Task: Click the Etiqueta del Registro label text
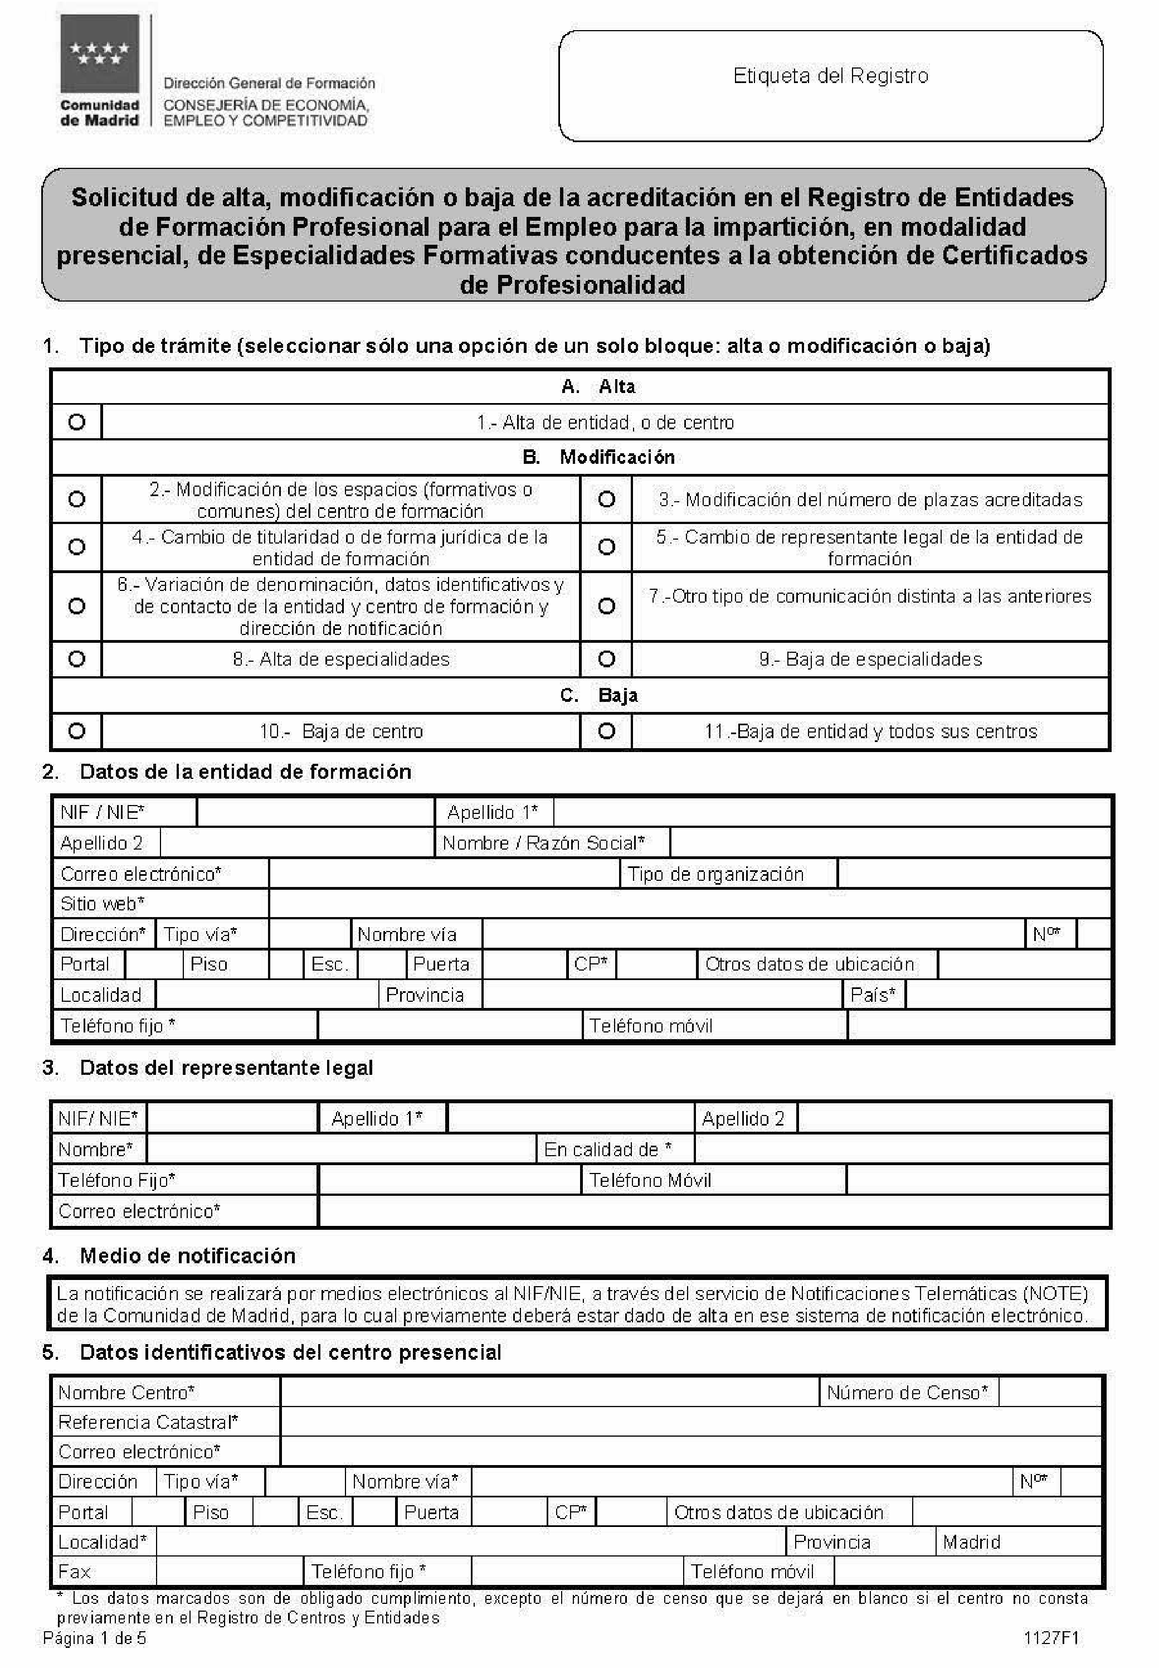click(x=830, y=76)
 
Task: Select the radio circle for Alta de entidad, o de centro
click(x=76, y=422)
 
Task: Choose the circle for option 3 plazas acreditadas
click(x=606, y=499)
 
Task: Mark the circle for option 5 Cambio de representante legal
click(x=606, y=547)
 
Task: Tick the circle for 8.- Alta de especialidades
click(x=76, y=659)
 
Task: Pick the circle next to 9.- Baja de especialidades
click(x=606, y=659)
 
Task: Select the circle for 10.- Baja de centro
click(x=76, y=731)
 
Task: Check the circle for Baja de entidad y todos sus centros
click(x=606, y=731)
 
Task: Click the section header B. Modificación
click(x=598, y=457)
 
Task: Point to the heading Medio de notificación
click(x=187, y=1255)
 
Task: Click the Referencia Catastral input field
click(x=690, y=1422)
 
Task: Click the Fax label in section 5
click(x=74, y=1572)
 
